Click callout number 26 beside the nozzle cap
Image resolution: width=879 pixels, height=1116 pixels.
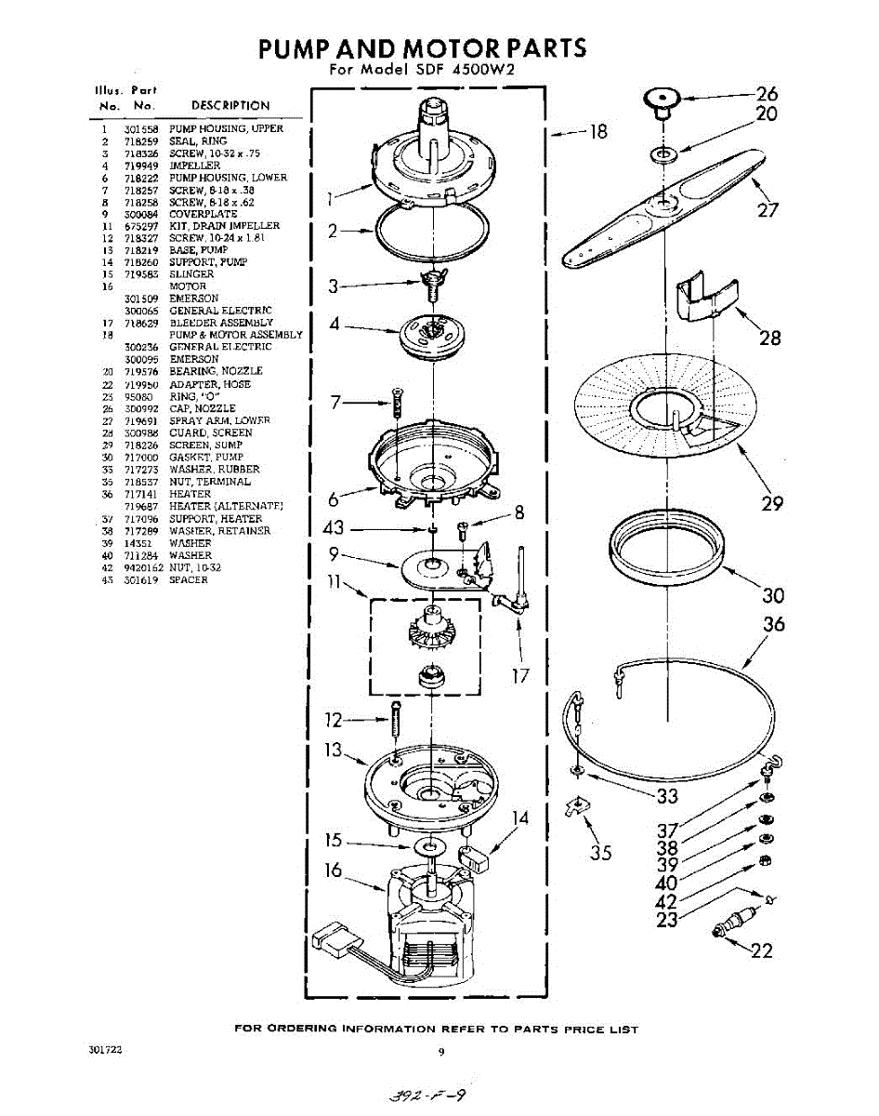tap(766, 93)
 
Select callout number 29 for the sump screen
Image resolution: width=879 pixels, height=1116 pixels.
tap(771, 503)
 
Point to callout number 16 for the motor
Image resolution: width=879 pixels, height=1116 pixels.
tap(334, 870)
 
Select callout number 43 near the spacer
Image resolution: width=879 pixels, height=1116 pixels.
tap(334, 528)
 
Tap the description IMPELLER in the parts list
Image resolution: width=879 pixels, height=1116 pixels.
tap(194, 166)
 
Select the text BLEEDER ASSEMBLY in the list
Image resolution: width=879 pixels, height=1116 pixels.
tap(221, 323)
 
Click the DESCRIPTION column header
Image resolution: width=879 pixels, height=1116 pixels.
tap(230, 106)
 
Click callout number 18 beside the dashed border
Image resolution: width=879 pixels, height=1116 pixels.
tap(597, 132)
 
